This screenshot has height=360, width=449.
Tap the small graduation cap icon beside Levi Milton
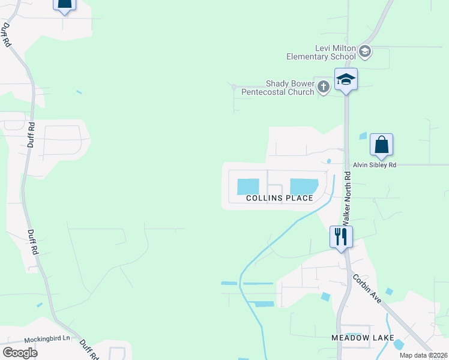point(364,52)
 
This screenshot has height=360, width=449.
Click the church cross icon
point(324,88)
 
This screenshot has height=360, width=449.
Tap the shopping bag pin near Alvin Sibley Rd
point(381,145)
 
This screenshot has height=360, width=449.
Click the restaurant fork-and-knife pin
point(341,236)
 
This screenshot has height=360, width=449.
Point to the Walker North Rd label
point(346,199)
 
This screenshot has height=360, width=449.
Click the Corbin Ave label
point(366,287)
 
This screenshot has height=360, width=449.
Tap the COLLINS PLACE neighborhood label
point(280,198)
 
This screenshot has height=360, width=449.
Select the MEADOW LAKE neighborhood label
point(363,338)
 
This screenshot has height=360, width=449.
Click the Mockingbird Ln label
point(47,339)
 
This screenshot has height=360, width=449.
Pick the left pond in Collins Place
point(248,187)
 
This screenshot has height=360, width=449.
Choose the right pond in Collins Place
point(304,187)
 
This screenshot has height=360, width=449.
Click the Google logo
point(20,352)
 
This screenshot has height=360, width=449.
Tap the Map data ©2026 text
point(423,355)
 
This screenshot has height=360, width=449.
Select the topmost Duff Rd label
point(6,35)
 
